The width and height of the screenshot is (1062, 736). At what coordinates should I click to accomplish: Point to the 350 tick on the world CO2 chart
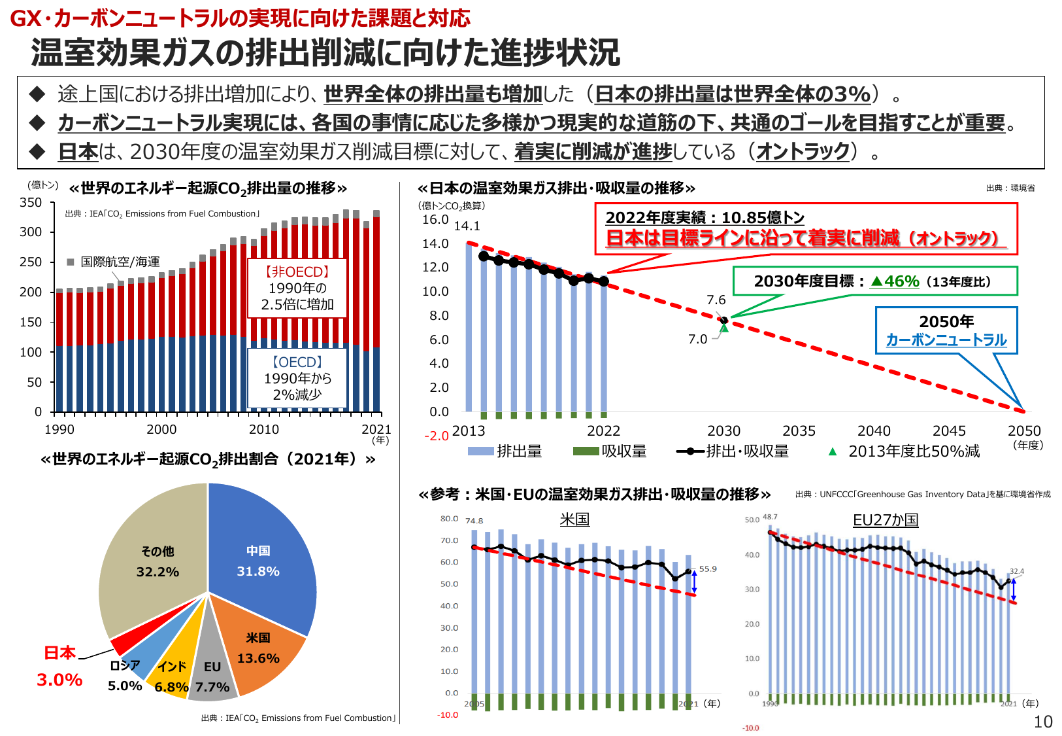[31, 203]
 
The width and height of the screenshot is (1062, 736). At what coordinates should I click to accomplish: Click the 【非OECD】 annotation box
[297, 289]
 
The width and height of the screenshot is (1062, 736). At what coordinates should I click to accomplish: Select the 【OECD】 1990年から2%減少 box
[297, 378]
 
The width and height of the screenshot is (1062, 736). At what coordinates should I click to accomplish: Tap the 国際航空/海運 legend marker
[71, 262]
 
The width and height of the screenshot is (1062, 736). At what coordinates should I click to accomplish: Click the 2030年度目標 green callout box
[874, 281]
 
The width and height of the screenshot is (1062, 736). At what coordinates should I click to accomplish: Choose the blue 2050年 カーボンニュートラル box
[946, 330]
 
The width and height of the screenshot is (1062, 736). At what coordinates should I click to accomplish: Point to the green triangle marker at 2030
[724, 327]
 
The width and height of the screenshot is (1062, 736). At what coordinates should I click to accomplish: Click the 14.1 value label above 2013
[467, 226]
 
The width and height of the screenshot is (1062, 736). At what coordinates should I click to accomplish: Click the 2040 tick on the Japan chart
[874, 431]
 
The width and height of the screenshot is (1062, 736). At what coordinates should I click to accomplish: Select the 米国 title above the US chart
[574, 519]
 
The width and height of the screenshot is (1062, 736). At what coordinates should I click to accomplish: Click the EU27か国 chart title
[886, 520]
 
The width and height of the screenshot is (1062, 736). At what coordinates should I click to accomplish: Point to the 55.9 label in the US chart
[708, 569]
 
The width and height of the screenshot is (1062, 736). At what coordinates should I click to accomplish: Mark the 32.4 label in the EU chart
[1017, 571]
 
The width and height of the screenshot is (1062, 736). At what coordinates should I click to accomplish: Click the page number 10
[1042, 722]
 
